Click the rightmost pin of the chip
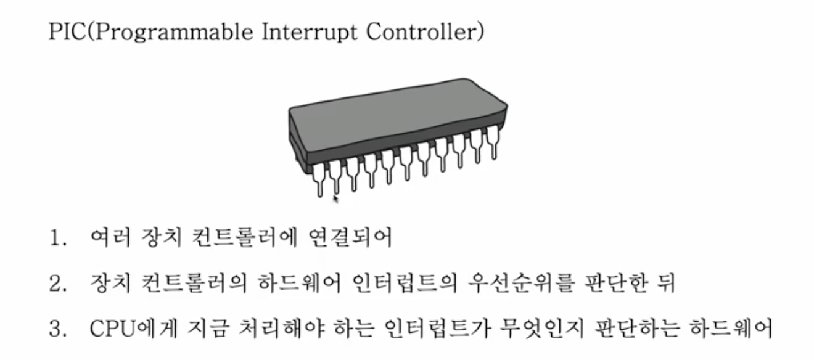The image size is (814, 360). click(x=491, y=141)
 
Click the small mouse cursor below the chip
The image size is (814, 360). click(x=336, y=198)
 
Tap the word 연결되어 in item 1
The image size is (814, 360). click(x=349, y=238)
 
